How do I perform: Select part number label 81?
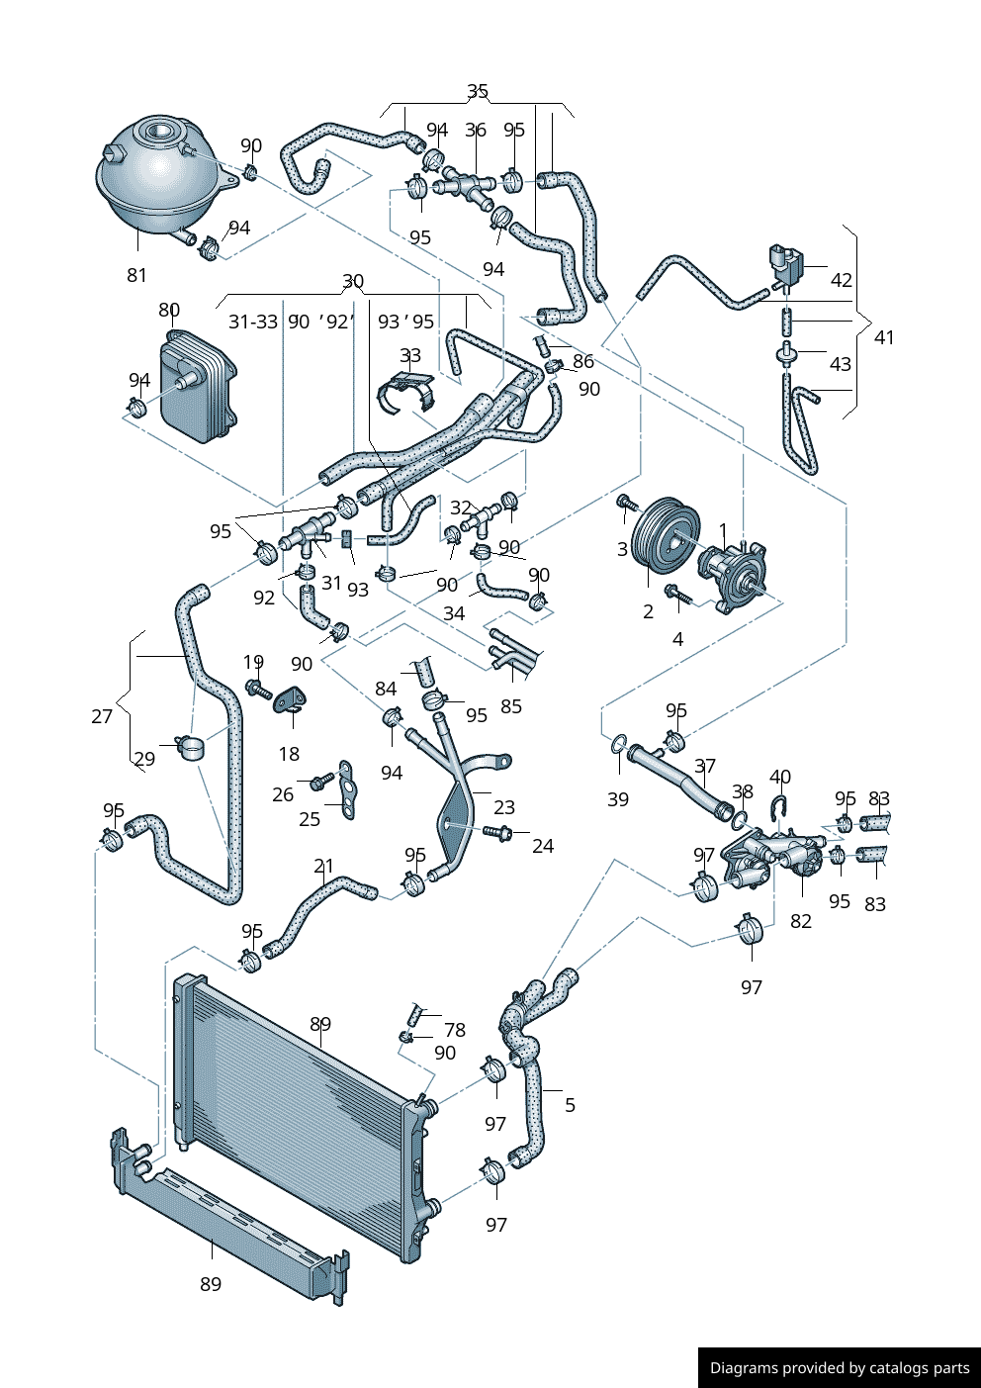coord(136,275)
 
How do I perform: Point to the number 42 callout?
coord(841,280)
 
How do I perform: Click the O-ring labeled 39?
coord(619,744)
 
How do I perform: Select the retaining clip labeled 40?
coord(779,808)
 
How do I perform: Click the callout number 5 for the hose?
coord(570,1104)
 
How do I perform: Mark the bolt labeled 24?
coord(497,833)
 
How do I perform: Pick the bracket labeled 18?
coord(291,699)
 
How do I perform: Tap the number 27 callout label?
coord(102,715)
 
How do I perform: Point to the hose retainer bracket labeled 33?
coord(407,390)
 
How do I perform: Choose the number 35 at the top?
coord(478,91)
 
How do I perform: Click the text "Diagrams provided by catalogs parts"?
coord(839,1367)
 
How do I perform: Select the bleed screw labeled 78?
coord(415,1014)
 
